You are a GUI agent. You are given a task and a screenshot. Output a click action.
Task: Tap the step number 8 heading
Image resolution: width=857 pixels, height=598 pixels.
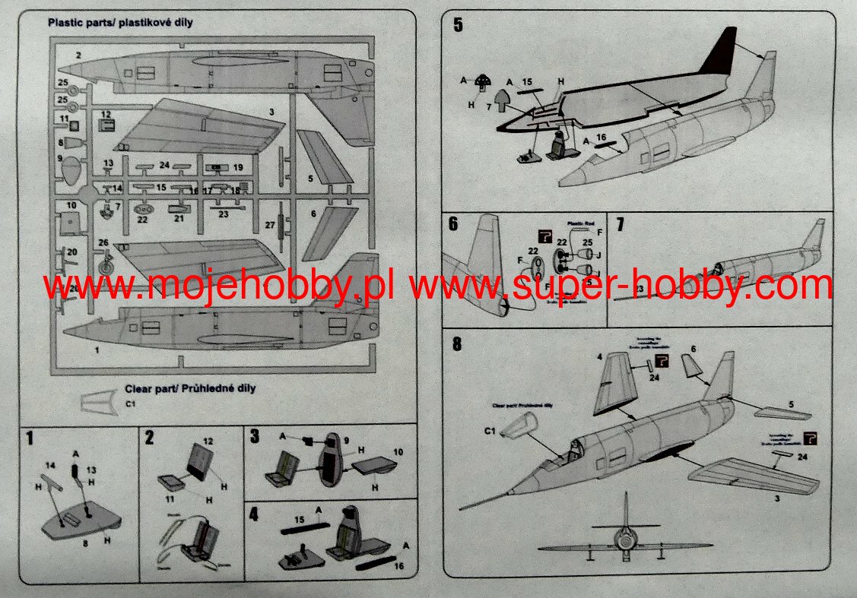(x=457, y=343)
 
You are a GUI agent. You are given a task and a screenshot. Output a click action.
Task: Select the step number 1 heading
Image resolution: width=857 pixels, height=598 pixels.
(x=30, y=438)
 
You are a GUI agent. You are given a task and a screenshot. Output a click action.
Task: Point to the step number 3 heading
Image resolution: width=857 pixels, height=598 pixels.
(x=254, y=436)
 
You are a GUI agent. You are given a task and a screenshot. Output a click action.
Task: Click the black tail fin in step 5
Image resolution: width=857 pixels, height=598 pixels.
(x=719, y=53)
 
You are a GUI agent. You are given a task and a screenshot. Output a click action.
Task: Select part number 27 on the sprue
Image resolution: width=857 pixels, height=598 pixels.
(x=270, y=225)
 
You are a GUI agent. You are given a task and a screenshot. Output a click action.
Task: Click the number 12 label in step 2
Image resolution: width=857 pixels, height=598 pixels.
(x=208, y=441)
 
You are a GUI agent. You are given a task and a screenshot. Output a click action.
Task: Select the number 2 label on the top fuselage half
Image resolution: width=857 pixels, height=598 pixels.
(x=78, y=55)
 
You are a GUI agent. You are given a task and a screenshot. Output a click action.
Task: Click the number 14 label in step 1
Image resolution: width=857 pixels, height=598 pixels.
(x=50, y=464)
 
